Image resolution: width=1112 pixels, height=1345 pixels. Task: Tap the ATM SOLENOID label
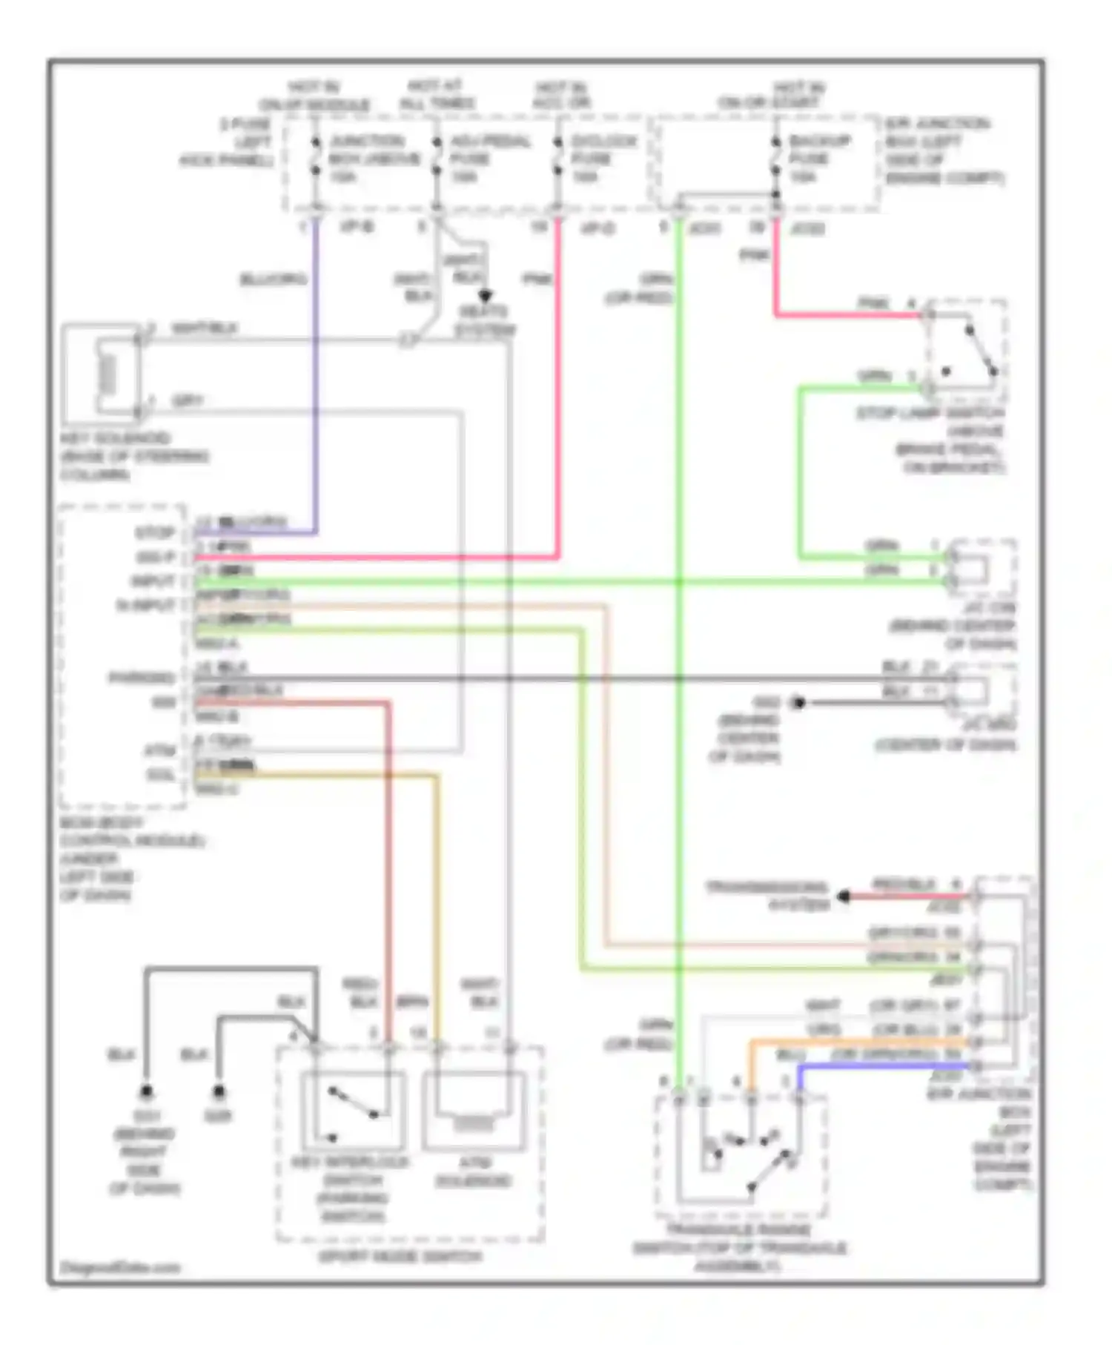coord(473,1171)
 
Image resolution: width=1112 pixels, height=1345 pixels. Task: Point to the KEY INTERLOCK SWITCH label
coord(351,1189)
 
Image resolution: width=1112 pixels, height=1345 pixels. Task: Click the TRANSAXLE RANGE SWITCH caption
coord(739,1249)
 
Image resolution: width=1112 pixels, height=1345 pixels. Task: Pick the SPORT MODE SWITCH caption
coord(400,1256)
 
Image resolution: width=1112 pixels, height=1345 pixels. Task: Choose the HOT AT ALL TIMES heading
coord(437,95)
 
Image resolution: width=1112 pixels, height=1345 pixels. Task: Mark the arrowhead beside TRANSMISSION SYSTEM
coord(844,896)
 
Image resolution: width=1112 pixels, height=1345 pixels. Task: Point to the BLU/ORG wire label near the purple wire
coord(273,279)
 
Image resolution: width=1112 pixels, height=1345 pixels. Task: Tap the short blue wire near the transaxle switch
coord(882,1066)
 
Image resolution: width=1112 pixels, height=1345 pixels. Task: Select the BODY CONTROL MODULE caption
coord(132,859)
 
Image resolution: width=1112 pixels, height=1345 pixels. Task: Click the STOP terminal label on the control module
coord(155,532)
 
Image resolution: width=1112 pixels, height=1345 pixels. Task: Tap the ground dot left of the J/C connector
coord(798,702)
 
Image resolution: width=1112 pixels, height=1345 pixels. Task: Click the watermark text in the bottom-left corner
coord(120,1267)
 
